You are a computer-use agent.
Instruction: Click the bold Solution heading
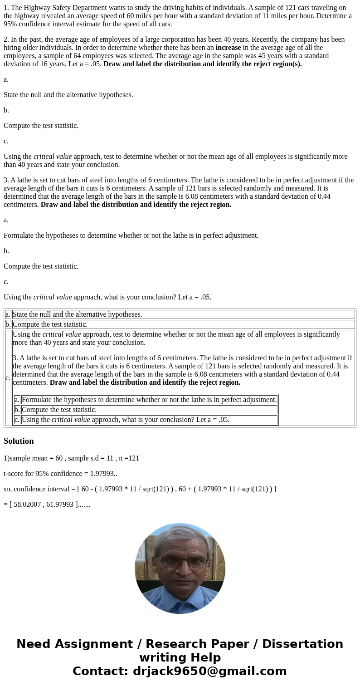19,441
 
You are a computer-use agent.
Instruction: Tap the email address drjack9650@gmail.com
210,671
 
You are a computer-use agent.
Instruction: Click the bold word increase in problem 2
228,48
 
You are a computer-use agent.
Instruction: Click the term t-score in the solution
14,474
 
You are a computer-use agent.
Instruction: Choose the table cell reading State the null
77,314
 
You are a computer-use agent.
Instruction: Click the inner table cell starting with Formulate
149,400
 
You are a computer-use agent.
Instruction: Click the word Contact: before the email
100,671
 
